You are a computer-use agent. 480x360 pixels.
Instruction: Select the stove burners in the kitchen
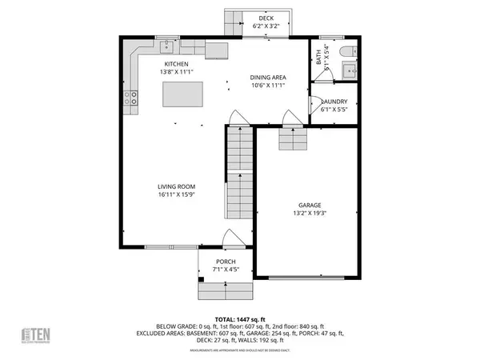[x=132, y=100]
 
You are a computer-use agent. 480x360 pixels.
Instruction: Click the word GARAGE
[x=303, y=205]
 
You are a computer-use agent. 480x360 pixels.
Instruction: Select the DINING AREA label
[x=268, y=77]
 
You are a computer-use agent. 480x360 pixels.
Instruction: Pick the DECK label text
[x=266, y=18]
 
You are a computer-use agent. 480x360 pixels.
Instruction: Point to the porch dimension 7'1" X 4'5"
[x=227, y=269]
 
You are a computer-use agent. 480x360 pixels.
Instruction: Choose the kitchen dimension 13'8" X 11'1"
[x=176, y=73]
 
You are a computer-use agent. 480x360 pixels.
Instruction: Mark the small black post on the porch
[x=202, y=279]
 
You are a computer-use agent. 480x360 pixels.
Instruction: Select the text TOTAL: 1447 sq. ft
[x=239, y=318]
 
